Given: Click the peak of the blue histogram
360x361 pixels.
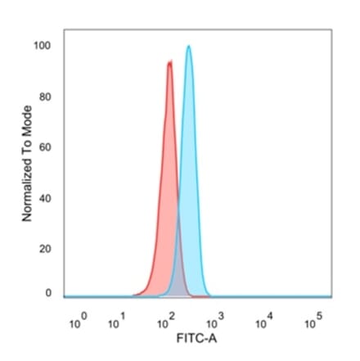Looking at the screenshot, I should [189, 47].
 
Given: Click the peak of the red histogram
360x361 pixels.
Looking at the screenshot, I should [169, 62].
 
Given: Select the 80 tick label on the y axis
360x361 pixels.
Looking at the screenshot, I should [45, 97].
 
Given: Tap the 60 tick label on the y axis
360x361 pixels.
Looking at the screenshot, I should [45, 147].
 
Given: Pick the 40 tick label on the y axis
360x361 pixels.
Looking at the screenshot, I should [45, 198].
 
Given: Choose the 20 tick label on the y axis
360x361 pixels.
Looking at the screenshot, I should [45, 248].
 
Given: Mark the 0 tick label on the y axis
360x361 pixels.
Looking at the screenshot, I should [47, 292].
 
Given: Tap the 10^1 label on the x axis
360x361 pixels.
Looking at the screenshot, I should [119, 322].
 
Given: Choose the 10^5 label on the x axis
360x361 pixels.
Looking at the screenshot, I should [313, 322].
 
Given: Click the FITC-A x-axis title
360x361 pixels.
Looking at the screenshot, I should [196, 337].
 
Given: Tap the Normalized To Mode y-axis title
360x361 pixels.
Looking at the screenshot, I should [26, 164].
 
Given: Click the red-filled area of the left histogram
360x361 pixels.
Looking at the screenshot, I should [164, 205].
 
